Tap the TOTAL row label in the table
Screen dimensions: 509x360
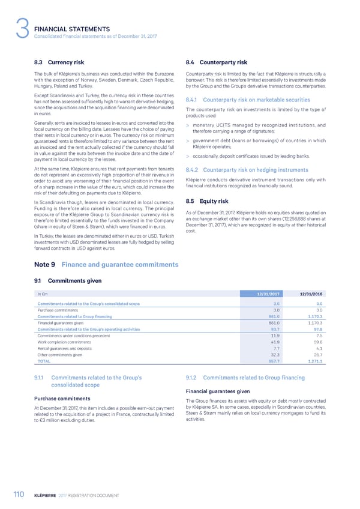coord(44,361)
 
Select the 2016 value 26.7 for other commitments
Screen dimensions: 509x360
coord(316,355)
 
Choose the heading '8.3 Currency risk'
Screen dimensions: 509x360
coord(59,62)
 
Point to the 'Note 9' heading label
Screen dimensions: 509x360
coord(45,264)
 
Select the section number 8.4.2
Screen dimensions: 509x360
coord(194,153)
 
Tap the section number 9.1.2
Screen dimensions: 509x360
coord(193,378)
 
